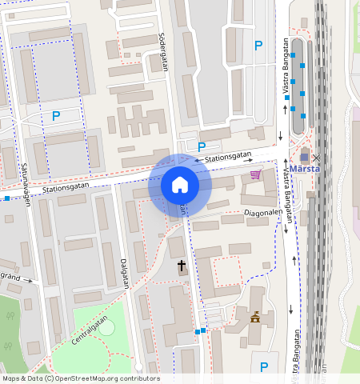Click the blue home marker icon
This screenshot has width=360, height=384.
(x=180, y=186)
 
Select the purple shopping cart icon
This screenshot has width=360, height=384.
(x=255, y=174)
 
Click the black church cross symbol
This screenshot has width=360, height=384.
(x=182, y=266)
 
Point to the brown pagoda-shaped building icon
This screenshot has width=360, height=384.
(x=255, y=318)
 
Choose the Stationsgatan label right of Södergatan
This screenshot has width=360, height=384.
(x=228, y=158)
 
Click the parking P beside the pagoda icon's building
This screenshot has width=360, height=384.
(x=264, y=367)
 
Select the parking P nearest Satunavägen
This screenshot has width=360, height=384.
(x=56, y=116)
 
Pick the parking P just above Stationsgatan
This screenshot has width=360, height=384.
(x=202, y=146)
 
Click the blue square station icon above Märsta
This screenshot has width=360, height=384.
(x=304, y=158)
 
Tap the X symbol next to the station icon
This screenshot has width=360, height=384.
(x=316, y=158)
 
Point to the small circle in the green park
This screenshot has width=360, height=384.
(x=106, y=327)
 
